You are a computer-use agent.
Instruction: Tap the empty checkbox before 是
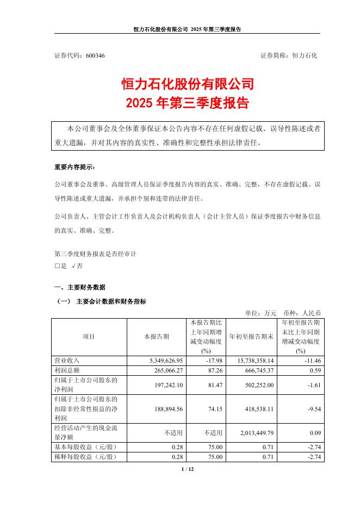pos(58,266)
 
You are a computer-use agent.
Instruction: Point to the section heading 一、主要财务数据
pos(80,287)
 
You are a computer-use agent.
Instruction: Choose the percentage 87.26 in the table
pos(215,370)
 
